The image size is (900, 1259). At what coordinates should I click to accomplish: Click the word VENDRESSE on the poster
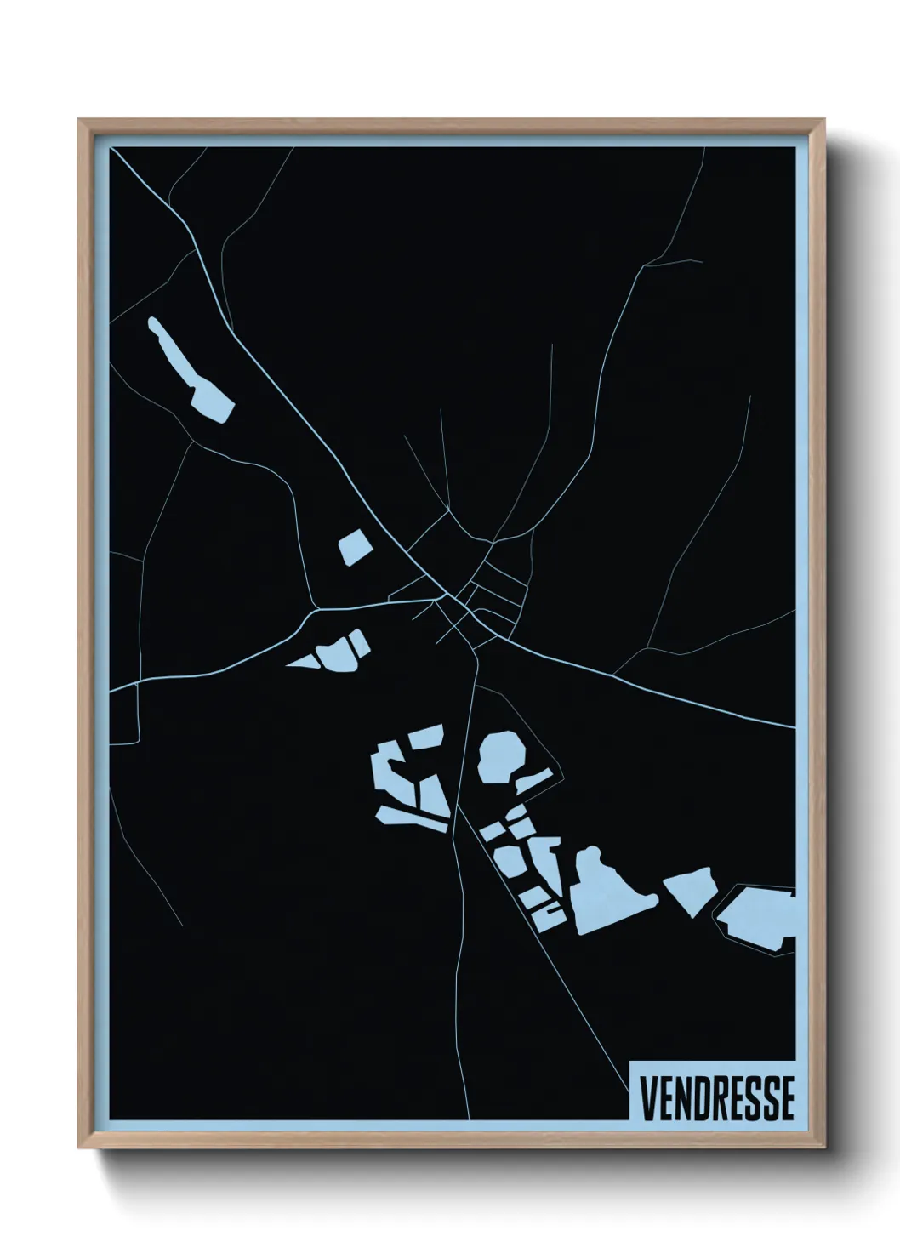tap(717, 1098)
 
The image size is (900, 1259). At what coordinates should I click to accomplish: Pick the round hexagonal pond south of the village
tap(501, 756)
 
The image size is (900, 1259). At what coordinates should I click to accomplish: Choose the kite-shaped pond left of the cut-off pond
tap(689, 890)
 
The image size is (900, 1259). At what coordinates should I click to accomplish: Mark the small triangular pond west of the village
tap(302, 661)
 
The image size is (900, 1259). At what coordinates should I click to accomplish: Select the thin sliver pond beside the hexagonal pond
tap(534, 782)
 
